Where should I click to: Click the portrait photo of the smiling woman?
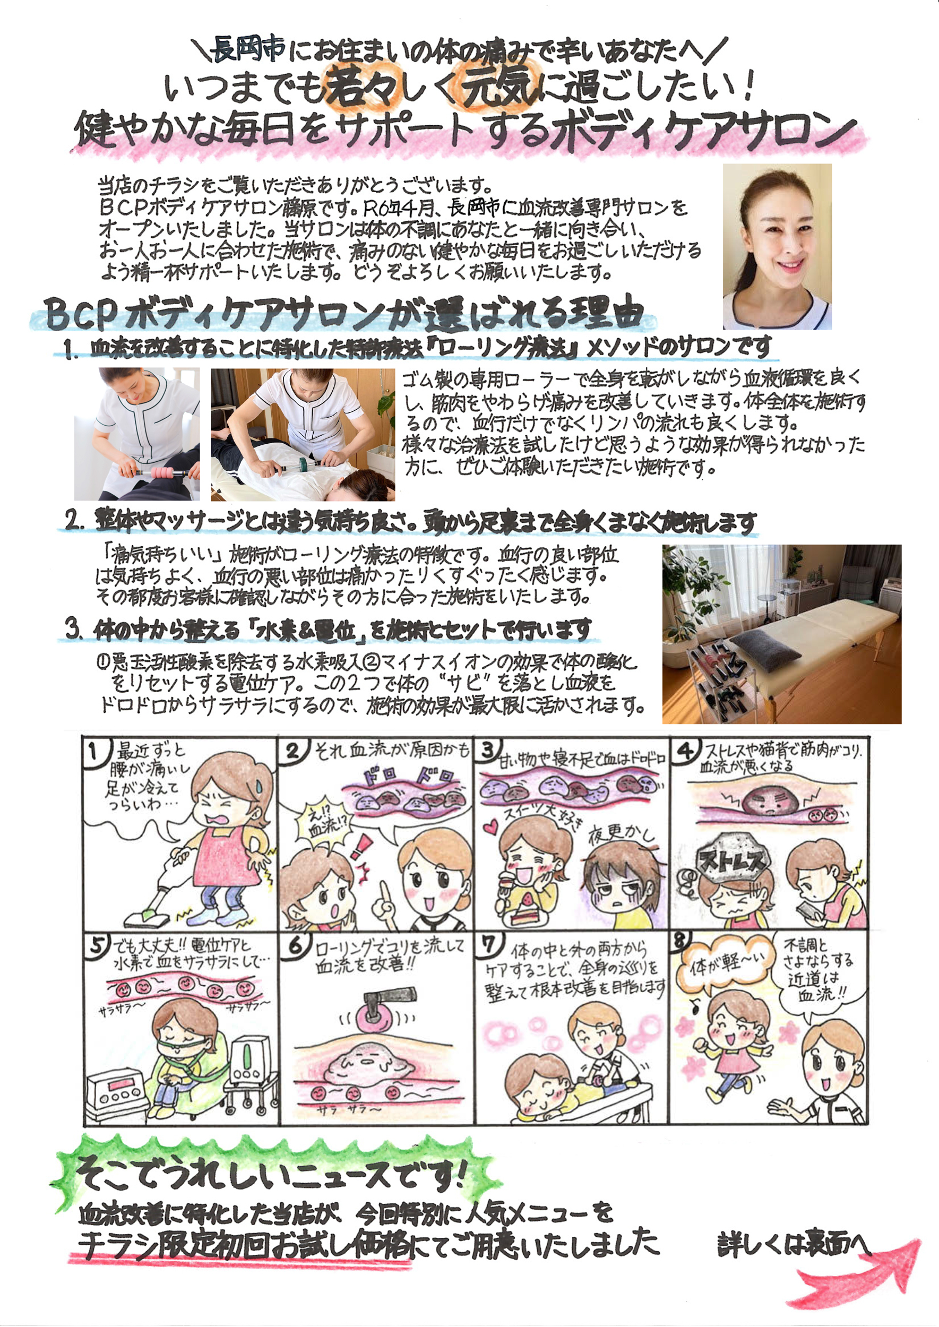[x=777, y=246]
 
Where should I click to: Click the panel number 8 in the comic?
[x=680, y=941]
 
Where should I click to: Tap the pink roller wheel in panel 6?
[x=375, y=1022]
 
